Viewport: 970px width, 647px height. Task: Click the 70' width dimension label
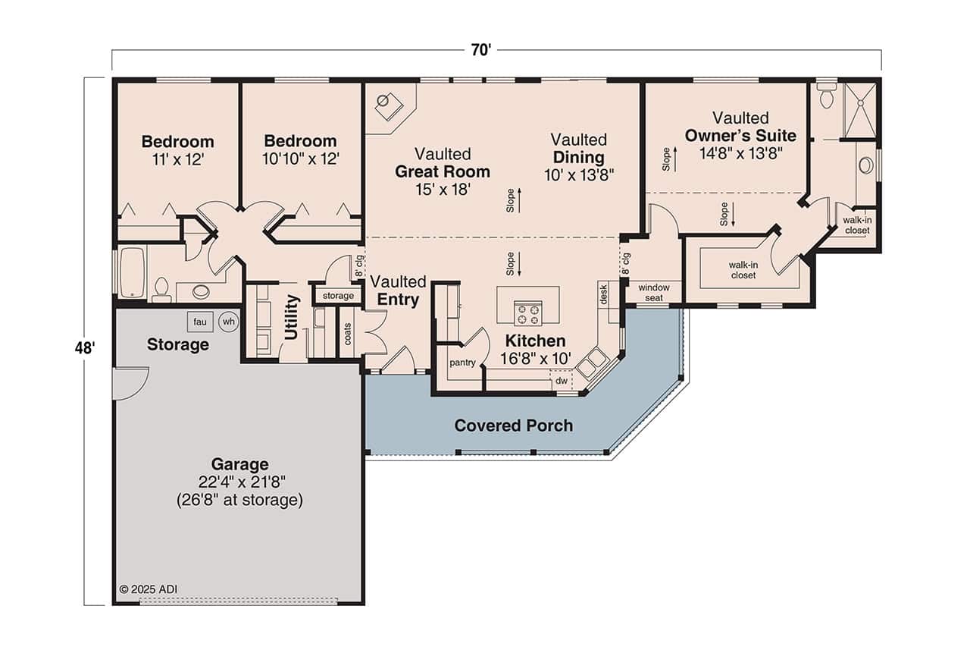point(480,50)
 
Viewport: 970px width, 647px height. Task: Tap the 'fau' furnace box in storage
point(199,322)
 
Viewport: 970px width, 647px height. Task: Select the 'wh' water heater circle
point(228,322)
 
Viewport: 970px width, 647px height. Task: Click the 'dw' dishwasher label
point(561,381)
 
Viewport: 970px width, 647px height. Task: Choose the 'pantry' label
point(462,363)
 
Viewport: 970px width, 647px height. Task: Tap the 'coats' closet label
point(348,334)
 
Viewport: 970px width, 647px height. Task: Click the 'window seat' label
point(653,293)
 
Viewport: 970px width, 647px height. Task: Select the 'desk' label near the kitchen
point(603,294)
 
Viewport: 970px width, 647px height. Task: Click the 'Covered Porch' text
point(513,426)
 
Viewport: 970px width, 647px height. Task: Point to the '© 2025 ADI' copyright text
point(149,589)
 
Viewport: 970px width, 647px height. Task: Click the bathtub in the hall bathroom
point(133,272)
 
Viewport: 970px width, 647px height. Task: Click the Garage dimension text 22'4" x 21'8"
point(239,482)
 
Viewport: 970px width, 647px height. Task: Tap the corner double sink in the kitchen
point(590,363)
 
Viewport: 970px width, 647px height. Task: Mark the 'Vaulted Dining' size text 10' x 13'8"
point(578,174)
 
